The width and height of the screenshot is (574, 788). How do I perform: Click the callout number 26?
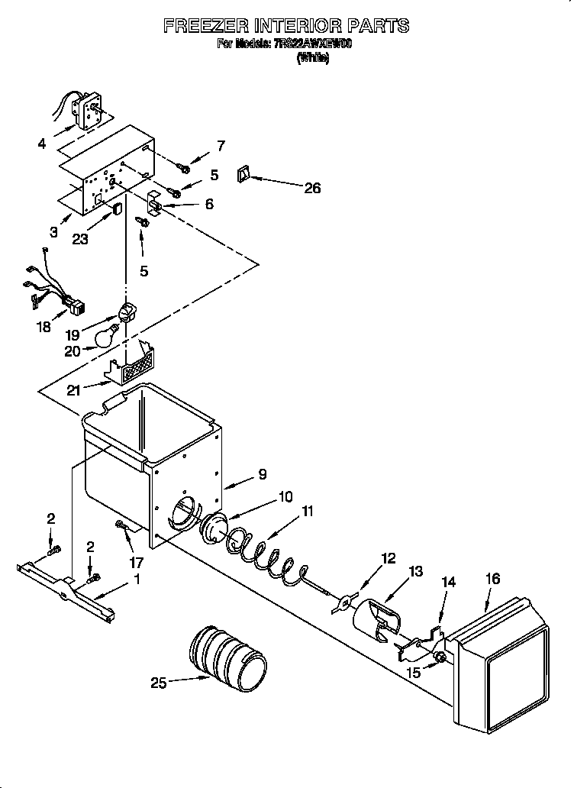point(312,188)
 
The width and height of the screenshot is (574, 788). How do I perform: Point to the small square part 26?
point(245,175)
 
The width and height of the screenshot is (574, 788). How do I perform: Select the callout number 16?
point(492,579)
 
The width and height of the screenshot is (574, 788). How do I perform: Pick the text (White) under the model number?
point(313,57)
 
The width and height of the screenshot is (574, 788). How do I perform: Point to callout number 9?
point(262,474)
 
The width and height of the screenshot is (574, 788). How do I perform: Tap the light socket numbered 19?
point(127,312)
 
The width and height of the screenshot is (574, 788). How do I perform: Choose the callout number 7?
point(221,145)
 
